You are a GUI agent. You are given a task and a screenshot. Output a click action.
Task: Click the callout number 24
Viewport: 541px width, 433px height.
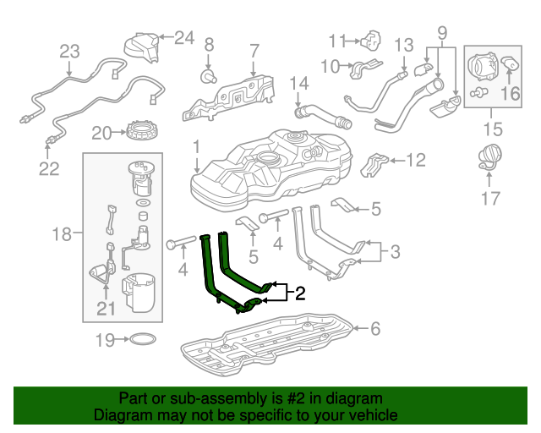[184, 36]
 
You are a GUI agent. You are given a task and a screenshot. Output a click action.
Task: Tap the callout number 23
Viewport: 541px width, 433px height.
[68, 51]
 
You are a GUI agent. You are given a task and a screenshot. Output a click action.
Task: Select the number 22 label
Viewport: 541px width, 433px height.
[49, 169]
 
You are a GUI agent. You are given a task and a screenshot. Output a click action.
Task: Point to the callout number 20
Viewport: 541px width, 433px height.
[101, 133]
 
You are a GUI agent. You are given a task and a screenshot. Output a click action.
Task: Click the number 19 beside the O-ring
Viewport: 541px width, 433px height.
[105, 341]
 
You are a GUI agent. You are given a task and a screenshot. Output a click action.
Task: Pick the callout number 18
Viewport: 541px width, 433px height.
[62, 233]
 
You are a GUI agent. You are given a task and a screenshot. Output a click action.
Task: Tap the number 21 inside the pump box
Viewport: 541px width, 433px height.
[105, 310]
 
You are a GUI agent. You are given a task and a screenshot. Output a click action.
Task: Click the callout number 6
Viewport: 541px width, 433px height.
[374, 329]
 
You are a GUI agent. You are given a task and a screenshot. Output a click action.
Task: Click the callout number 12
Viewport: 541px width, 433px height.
[417, 160]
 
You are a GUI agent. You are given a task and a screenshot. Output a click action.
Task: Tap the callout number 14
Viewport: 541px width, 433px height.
[300, 84]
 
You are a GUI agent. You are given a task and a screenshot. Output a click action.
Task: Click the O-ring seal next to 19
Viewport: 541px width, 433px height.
[143, 340]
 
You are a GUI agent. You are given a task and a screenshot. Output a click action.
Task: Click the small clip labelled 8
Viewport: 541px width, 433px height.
[205, 77]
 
